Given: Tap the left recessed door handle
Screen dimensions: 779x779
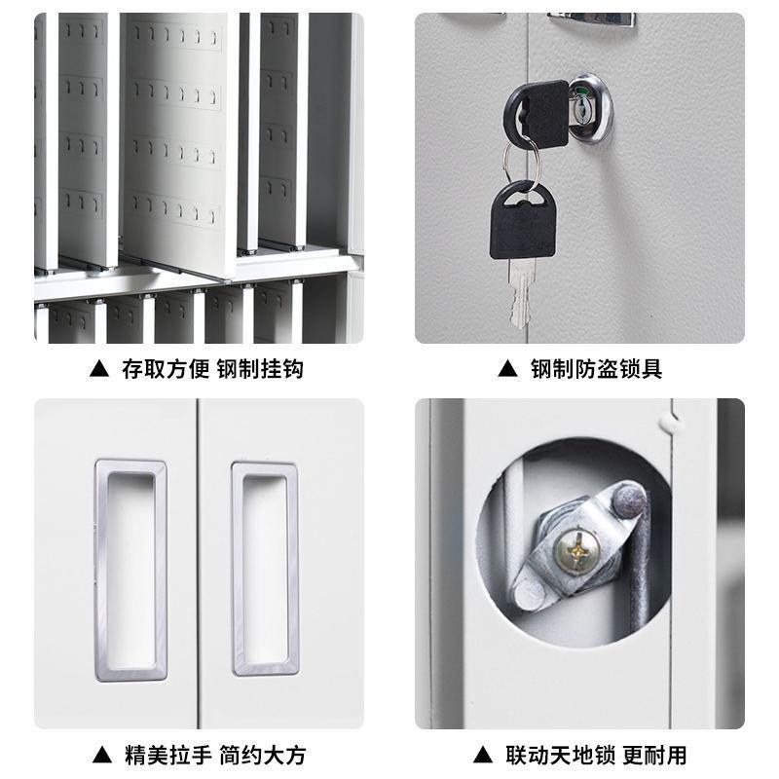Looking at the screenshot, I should (x=130, y=567).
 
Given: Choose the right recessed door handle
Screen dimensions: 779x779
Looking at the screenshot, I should (x=264, y=569).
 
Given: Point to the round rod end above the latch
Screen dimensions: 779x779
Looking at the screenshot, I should (x=628, y=502).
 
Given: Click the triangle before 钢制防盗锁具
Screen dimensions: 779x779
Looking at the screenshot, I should (x=505, y=370).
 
